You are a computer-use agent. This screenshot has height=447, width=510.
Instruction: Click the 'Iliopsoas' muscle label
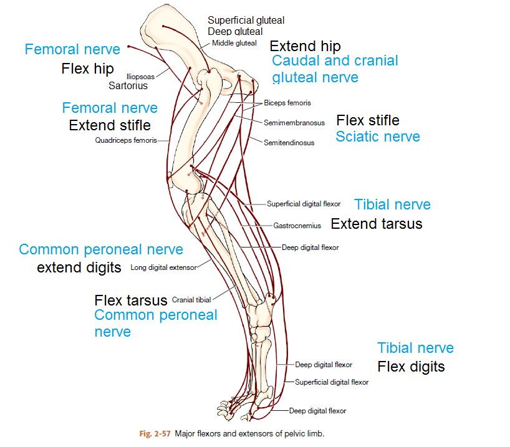pos(140,77)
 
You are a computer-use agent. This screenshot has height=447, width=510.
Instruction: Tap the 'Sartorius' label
pos(128,86)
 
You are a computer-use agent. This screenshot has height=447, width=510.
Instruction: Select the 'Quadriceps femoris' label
pos(125,140)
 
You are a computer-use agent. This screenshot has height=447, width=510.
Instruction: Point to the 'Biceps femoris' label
pos(287,103)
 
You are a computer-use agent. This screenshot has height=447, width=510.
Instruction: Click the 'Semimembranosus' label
pos(294,123)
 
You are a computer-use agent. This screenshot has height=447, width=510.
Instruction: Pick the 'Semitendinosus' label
pos(289,143)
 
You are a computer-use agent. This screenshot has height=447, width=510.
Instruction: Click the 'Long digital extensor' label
pos(163,268)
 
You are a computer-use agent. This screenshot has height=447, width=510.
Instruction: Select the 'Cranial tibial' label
pos(191,300)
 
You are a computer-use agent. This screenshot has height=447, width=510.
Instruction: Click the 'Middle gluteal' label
pos(234,43)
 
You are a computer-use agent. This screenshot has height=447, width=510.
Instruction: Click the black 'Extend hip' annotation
pos(305,46)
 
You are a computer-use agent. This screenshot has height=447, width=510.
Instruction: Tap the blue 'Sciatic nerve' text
pos(378,137)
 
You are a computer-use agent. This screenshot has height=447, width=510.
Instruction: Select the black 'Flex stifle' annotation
pos(368,120)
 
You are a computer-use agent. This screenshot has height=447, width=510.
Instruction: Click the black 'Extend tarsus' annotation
pos(376,224)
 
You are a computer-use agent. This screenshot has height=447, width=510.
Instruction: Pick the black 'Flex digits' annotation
pos(411,366)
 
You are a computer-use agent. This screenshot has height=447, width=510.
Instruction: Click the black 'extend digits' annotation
pos(79,268)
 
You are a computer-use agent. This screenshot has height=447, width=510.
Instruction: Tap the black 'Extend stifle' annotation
pos(110,125)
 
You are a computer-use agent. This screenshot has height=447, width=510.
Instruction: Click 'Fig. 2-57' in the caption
pos(154,433)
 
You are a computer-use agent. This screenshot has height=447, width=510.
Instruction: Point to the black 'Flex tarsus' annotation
pos(131,300)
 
